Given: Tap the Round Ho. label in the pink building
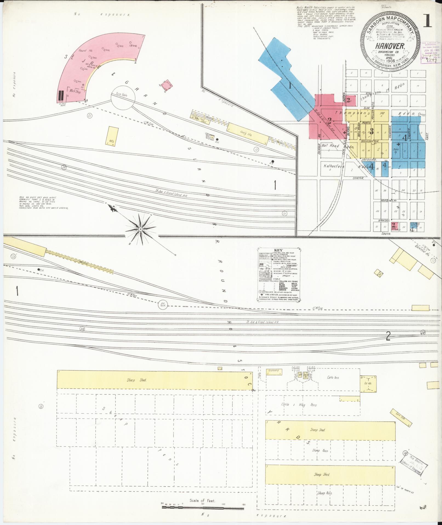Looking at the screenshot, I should click(x=82, y=50).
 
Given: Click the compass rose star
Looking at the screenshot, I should click(x=140, y=229).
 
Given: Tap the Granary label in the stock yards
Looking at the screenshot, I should click(x=273, y=370).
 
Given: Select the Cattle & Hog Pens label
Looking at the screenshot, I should click(x=299, y=405).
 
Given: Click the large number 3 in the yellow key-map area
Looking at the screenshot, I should click(x=372, y=131).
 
